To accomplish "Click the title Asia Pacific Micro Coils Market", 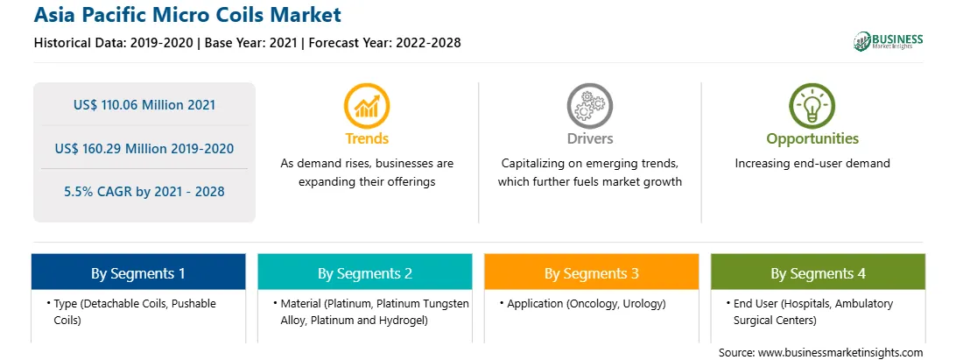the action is coord(187,14).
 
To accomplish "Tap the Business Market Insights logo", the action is coord(888,41).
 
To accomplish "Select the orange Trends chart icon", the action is coord(367,106).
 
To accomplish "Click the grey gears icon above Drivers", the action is coord(589,106).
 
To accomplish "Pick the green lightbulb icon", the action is coord(812,106).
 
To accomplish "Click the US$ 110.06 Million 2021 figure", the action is coord(144,105).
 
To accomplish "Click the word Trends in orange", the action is coord(367,138).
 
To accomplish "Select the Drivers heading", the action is coord(589,138).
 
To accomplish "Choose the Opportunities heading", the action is coord(812,138).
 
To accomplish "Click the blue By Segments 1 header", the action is coord(138,272).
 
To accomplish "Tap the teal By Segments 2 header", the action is coord(364,272).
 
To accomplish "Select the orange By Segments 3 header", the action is coord(592,272).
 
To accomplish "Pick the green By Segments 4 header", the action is coord(819,272).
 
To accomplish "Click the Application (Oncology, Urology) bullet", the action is coord(583,304).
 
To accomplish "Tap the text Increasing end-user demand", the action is coord(812,164).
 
